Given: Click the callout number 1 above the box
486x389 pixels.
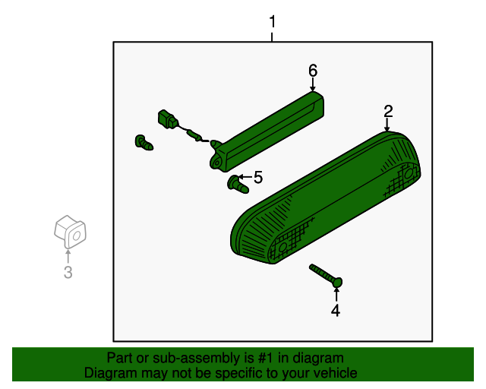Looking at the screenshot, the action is tap(273, 22).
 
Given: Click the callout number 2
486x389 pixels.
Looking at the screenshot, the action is tap(388, 112).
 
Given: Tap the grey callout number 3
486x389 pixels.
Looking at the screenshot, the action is tap(68, 272).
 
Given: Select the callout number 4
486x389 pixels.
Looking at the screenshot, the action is tap(336, 311).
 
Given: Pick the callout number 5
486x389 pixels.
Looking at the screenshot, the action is tap(258, 178).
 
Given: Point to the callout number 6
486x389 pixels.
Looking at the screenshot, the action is tap(313, 71).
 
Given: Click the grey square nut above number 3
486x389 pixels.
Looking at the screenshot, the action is tap(70, 232).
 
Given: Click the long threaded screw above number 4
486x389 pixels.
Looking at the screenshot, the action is tap(326, 276).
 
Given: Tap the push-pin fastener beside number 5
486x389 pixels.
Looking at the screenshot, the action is tap(238, 184).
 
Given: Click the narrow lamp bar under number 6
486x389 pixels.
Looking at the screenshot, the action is tap(267, 131).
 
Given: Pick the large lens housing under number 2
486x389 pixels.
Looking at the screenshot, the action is tap(326, 198).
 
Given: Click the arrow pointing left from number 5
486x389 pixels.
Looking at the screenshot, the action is tap(245, 177).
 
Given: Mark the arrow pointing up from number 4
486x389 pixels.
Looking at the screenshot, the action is tap(336, 295).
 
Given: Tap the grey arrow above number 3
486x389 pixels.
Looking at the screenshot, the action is tap(68, 257).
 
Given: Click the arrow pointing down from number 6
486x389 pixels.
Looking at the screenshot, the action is tap(313, 84).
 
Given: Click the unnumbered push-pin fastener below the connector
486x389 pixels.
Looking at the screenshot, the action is tap(144, 143).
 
